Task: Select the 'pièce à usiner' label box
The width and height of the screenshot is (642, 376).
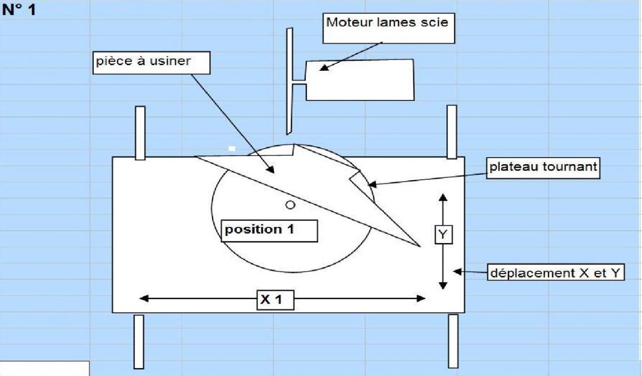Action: [143, 62]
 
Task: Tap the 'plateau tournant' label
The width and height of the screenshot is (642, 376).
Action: [543, 167]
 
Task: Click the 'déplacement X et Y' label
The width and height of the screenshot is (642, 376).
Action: [556, 273]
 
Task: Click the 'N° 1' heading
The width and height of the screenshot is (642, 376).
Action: [19, 10]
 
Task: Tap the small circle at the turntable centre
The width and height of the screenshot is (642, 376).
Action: [290, 204]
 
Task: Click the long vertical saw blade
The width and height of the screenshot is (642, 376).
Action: [289, 80]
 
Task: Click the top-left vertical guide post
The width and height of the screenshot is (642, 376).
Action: [140, 133]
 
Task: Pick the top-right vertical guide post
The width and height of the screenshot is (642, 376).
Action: [451, 132]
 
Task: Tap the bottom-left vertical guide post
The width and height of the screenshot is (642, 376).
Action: [138, 341]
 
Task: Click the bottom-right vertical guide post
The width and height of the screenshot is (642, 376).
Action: [453, 340]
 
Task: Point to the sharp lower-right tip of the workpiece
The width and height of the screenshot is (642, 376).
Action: [417, 245]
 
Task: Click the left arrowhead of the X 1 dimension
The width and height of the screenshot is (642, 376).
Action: [143, 299]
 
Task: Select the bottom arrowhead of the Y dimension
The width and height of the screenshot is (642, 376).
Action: [443, 285]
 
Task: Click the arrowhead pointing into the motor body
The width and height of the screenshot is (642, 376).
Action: [324, 67]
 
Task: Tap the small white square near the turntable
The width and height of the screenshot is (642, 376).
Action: [232, 149]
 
